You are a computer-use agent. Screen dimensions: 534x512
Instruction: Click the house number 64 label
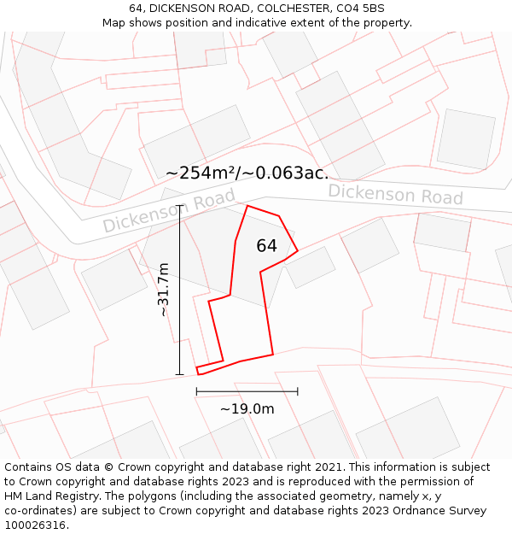point(266,246)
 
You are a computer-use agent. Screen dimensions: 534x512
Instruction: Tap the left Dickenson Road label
point(169,211)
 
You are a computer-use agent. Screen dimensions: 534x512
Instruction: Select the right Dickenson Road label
point(395,194)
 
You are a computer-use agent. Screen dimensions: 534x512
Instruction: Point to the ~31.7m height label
point(164,290)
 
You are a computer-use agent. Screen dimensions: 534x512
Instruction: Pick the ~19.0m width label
point(247,409)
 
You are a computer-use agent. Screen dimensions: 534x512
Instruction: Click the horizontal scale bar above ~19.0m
point(247,391)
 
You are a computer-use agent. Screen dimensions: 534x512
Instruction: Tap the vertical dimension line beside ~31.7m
point(180,290)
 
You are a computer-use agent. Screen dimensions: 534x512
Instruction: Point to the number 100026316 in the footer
point(36,525)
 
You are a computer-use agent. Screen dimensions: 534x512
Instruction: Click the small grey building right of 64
point(310,267)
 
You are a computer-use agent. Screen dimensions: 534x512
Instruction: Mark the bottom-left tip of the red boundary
point(198,373)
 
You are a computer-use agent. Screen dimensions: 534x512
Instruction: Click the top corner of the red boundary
point(247,206)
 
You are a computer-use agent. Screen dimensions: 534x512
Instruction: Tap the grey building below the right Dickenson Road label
point(370,245)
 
